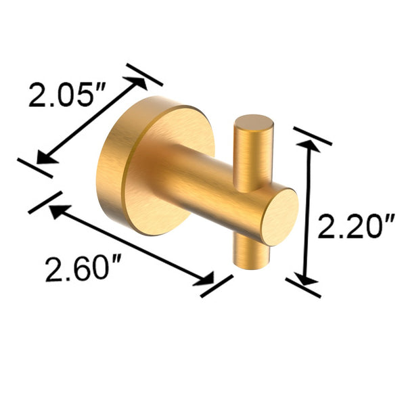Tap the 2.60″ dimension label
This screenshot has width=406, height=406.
[77, 270]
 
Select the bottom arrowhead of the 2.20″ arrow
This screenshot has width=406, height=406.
[307, 279]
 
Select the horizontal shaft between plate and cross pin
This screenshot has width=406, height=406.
[203, 179]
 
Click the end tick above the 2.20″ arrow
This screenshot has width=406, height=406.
[313, 135]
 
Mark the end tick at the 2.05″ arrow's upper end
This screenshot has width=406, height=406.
[144, 74]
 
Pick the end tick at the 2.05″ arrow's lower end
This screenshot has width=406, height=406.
[35, 167]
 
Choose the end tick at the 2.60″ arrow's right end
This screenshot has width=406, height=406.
[217, 285]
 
